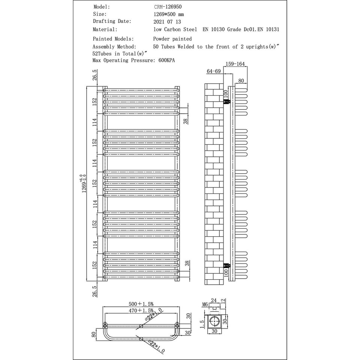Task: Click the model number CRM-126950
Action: (168, 7)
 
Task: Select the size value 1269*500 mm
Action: (169, 14)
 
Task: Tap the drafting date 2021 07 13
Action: (167, 22)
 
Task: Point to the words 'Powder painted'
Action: (172, 39)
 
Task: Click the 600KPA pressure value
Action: (166, 60)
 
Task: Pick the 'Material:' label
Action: (105, 29)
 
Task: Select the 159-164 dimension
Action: (235, 64)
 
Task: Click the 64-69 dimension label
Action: (213, 71)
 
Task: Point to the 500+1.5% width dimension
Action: (141, 304)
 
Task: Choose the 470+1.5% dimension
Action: (141, 310)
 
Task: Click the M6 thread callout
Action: (205, 304)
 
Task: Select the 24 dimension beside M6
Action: (214, 300)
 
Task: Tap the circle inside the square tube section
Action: (214, 321)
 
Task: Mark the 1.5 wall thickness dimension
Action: (202, 324)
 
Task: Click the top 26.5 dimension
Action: (94, 75)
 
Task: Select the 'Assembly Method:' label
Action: (114, 46)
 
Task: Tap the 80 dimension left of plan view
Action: (94, 334)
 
